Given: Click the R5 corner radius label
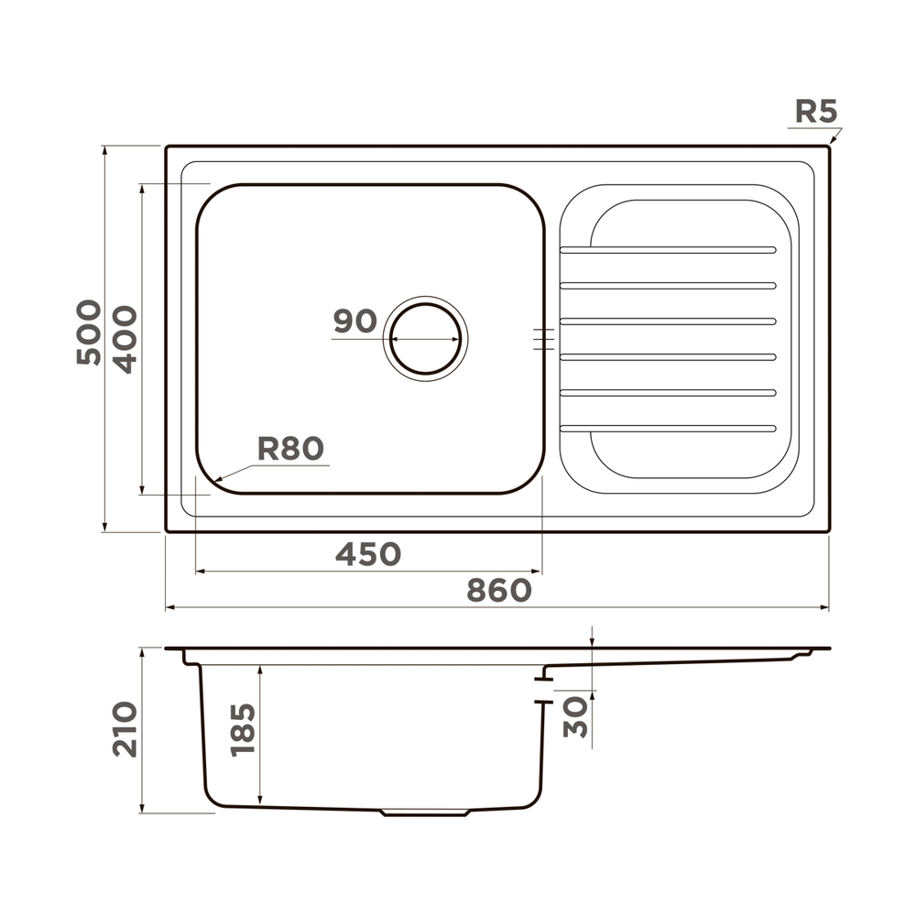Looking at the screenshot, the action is click(x=816, y=111).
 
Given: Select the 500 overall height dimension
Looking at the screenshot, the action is click(x=89, y=332).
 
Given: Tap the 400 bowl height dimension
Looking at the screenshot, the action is click(x=125, y=340).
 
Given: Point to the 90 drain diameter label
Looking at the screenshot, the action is click(x=355, y=321).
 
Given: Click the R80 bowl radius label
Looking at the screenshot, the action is click(x=290, y=449).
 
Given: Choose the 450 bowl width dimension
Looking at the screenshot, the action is click(x=368, y=553).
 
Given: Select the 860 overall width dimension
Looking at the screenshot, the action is click(x=499, y=590).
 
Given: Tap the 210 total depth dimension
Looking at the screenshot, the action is click(x=125, y=729).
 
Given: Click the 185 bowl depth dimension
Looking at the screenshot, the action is click(x=243, y=730).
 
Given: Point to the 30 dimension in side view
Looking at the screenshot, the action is click(x=575, y=717).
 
